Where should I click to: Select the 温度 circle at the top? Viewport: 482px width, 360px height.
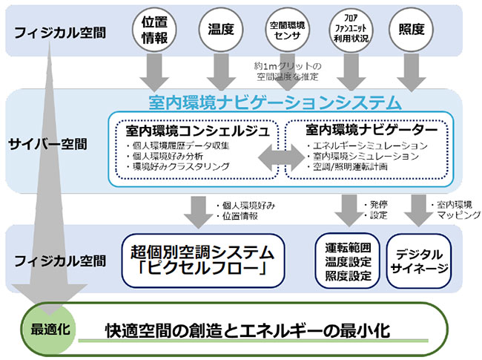(217, 29)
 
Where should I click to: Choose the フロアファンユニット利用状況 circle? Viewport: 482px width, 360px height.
(347, 29)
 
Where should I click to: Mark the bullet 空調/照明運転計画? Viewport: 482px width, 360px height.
(352, 167)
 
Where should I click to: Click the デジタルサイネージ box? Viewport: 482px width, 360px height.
(418, 261)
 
